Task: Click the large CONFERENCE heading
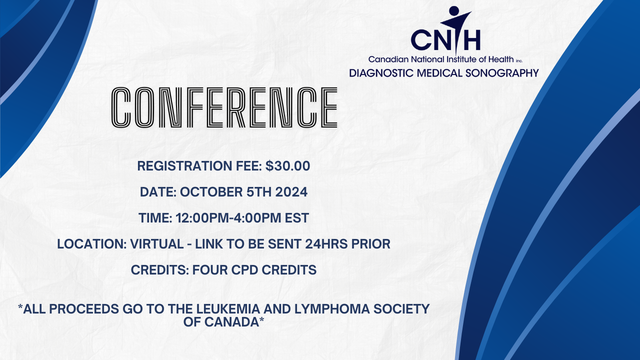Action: click(224, 107)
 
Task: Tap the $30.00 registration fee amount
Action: click(287, 166)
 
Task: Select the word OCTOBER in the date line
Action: click(211, 192)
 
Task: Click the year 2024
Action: click(291, 192)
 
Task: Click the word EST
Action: click(297, 218)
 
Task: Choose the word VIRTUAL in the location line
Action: click(157, 244)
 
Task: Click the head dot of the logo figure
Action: click(454, 11)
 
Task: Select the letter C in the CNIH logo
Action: click(421, 39)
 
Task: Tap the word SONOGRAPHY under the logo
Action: click(502, 73)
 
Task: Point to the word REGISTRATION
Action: click(185, 166)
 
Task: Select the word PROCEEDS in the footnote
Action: click(84, 309)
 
